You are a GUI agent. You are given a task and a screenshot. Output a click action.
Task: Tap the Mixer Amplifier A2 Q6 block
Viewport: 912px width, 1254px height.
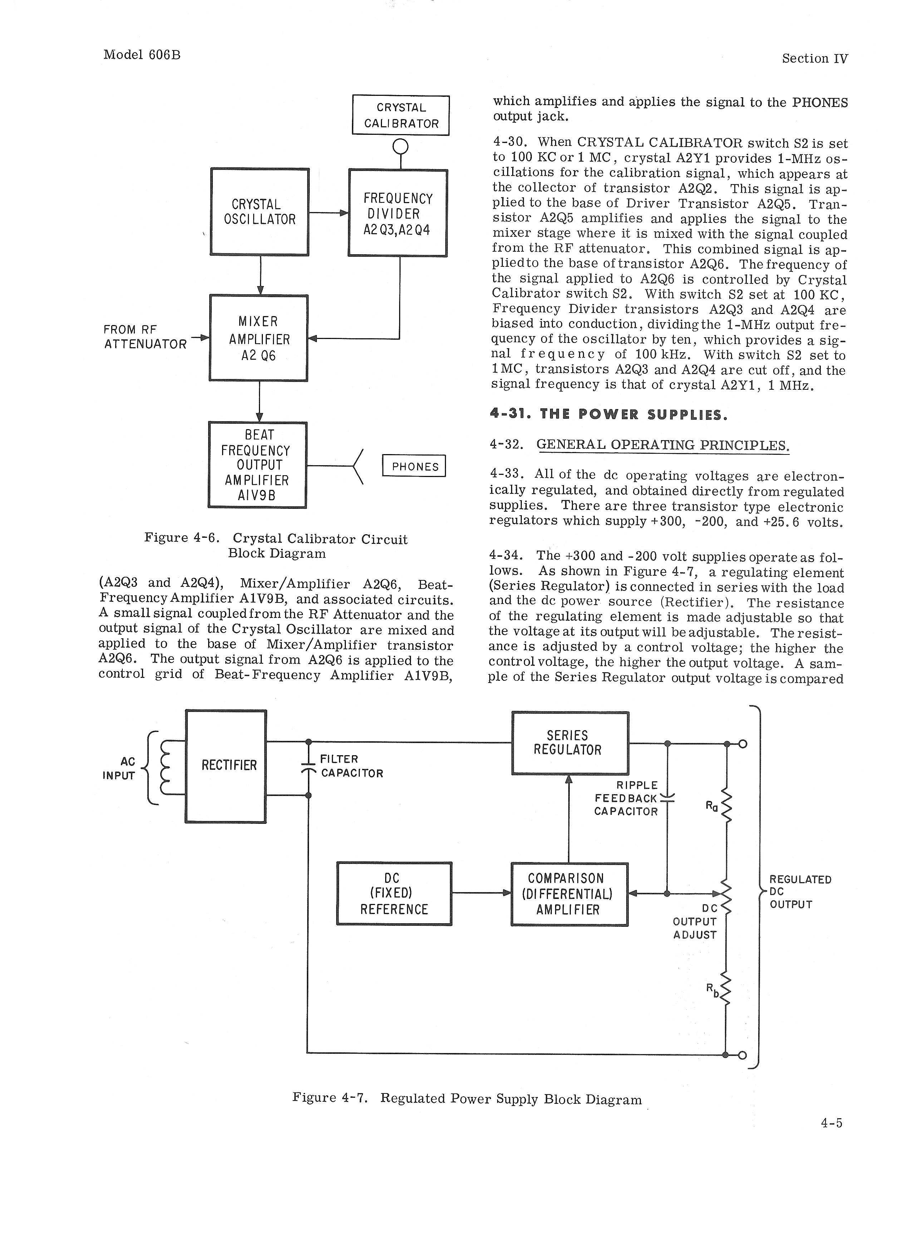(x=258, y=338)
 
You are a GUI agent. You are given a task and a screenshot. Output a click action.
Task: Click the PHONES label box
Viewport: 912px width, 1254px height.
(x=414, y=466)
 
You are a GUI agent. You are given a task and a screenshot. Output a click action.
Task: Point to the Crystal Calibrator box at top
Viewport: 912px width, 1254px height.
(x=401, y=115)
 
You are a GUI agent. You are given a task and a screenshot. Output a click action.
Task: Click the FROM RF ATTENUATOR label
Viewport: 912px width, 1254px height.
(x=145, y=337)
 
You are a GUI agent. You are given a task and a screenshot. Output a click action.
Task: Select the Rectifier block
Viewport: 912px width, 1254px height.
(x=226, y=766)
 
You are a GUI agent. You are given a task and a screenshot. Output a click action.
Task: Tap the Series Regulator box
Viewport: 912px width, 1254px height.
(x=570, y=743)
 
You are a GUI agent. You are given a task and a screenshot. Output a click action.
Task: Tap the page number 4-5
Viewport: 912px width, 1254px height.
(x=831, y=1122)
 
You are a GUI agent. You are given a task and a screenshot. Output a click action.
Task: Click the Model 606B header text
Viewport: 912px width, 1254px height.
(x=142, y=55)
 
